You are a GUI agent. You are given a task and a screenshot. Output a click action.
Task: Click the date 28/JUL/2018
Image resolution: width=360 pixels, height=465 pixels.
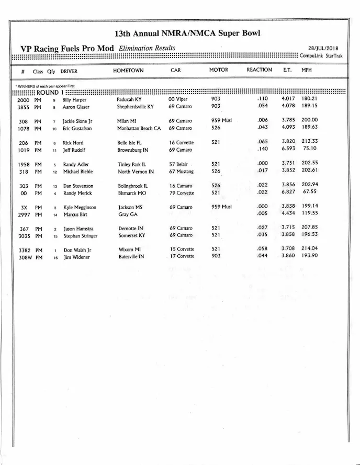pyautogui.click(x=323, y=49)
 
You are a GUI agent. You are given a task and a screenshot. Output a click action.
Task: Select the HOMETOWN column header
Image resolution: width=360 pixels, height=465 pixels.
pyautogui.click(x=128, y=70)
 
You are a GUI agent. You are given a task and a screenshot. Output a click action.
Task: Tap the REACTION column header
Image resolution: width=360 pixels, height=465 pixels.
pyautogui.click(x=259, y=70)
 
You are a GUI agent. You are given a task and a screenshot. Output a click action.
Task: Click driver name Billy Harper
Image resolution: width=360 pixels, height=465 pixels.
pyautogui.click(x=74, y=99)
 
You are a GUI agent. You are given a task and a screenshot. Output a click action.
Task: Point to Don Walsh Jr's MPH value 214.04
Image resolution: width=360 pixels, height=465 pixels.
pyautogui.click(x=310, y=249)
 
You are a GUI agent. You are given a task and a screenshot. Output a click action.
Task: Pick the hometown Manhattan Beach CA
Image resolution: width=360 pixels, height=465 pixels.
pyautogui.click(x=139, y=128)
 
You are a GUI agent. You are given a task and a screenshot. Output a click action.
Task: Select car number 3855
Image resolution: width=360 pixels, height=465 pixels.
pyautogui.click(x=23, y=107)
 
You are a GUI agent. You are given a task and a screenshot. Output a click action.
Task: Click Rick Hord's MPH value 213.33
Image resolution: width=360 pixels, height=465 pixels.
pyautogui.click(x=310, y=142)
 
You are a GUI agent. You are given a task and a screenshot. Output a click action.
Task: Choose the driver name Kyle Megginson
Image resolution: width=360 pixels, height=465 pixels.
pyautogui.click(x=80, y=208)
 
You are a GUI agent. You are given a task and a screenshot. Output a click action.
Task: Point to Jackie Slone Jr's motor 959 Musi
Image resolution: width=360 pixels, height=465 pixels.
pyautogui.click(x=221, y=120)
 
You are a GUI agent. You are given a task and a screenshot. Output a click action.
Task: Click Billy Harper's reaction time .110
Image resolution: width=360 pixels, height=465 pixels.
pyautogui.click(x=262, y=99)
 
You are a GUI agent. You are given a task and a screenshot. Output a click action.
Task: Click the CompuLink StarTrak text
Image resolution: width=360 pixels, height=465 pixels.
pyautogui.click(x=321, y=55)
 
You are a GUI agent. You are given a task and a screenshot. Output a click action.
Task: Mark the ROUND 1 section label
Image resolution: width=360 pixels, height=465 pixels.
pyautogui.click(x=47, y=93)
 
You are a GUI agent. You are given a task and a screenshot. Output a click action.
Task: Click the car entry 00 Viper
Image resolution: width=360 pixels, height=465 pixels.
pyautogui.click(x=178, y=99)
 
